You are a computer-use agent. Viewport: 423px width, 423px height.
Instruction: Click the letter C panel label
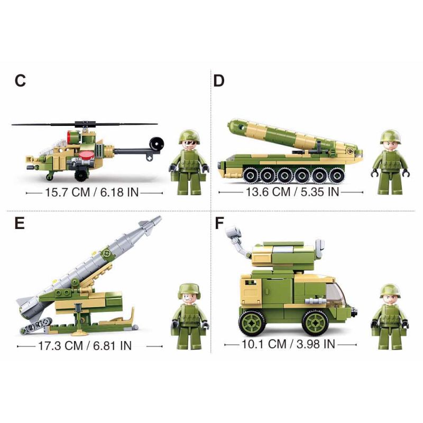click(x=20, y=81)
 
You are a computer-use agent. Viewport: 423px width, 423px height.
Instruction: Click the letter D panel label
click(x=219, y=81)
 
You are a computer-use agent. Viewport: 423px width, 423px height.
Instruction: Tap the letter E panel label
click(x=20, y=223)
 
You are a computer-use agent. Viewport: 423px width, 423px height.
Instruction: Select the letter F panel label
click(x=219, y=223)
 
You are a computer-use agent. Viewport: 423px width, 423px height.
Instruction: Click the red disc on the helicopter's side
click(x=87, y=154)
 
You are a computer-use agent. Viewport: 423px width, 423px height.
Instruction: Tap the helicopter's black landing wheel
click(x=80, y=176)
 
